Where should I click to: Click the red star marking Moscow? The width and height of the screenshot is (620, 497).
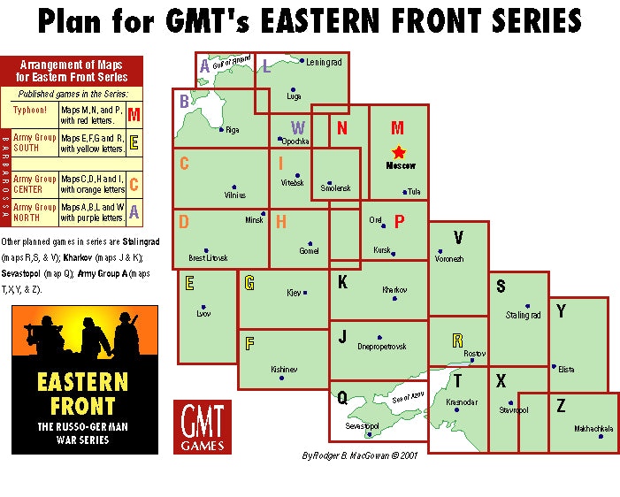point(398,153)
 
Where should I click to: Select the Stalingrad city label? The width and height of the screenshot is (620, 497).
point(522,315)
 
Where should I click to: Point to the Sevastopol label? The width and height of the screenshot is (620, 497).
point(361,426)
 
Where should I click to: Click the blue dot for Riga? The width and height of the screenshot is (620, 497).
point(221,130)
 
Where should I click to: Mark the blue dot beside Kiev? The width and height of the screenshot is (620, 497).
point(304,293)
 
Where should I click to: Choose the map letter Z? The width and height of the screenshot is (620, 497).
point(561,406)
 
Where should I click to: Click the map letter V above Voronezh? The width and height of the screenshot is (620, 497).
point(457,237)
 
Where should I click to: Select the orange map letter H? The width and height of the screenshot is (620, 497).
point(280,221)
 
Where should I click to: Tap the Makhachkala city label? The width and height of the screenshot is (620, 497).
point(593,429)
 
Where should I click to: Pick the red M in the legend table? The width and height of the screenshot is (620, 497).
point(134,114)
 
